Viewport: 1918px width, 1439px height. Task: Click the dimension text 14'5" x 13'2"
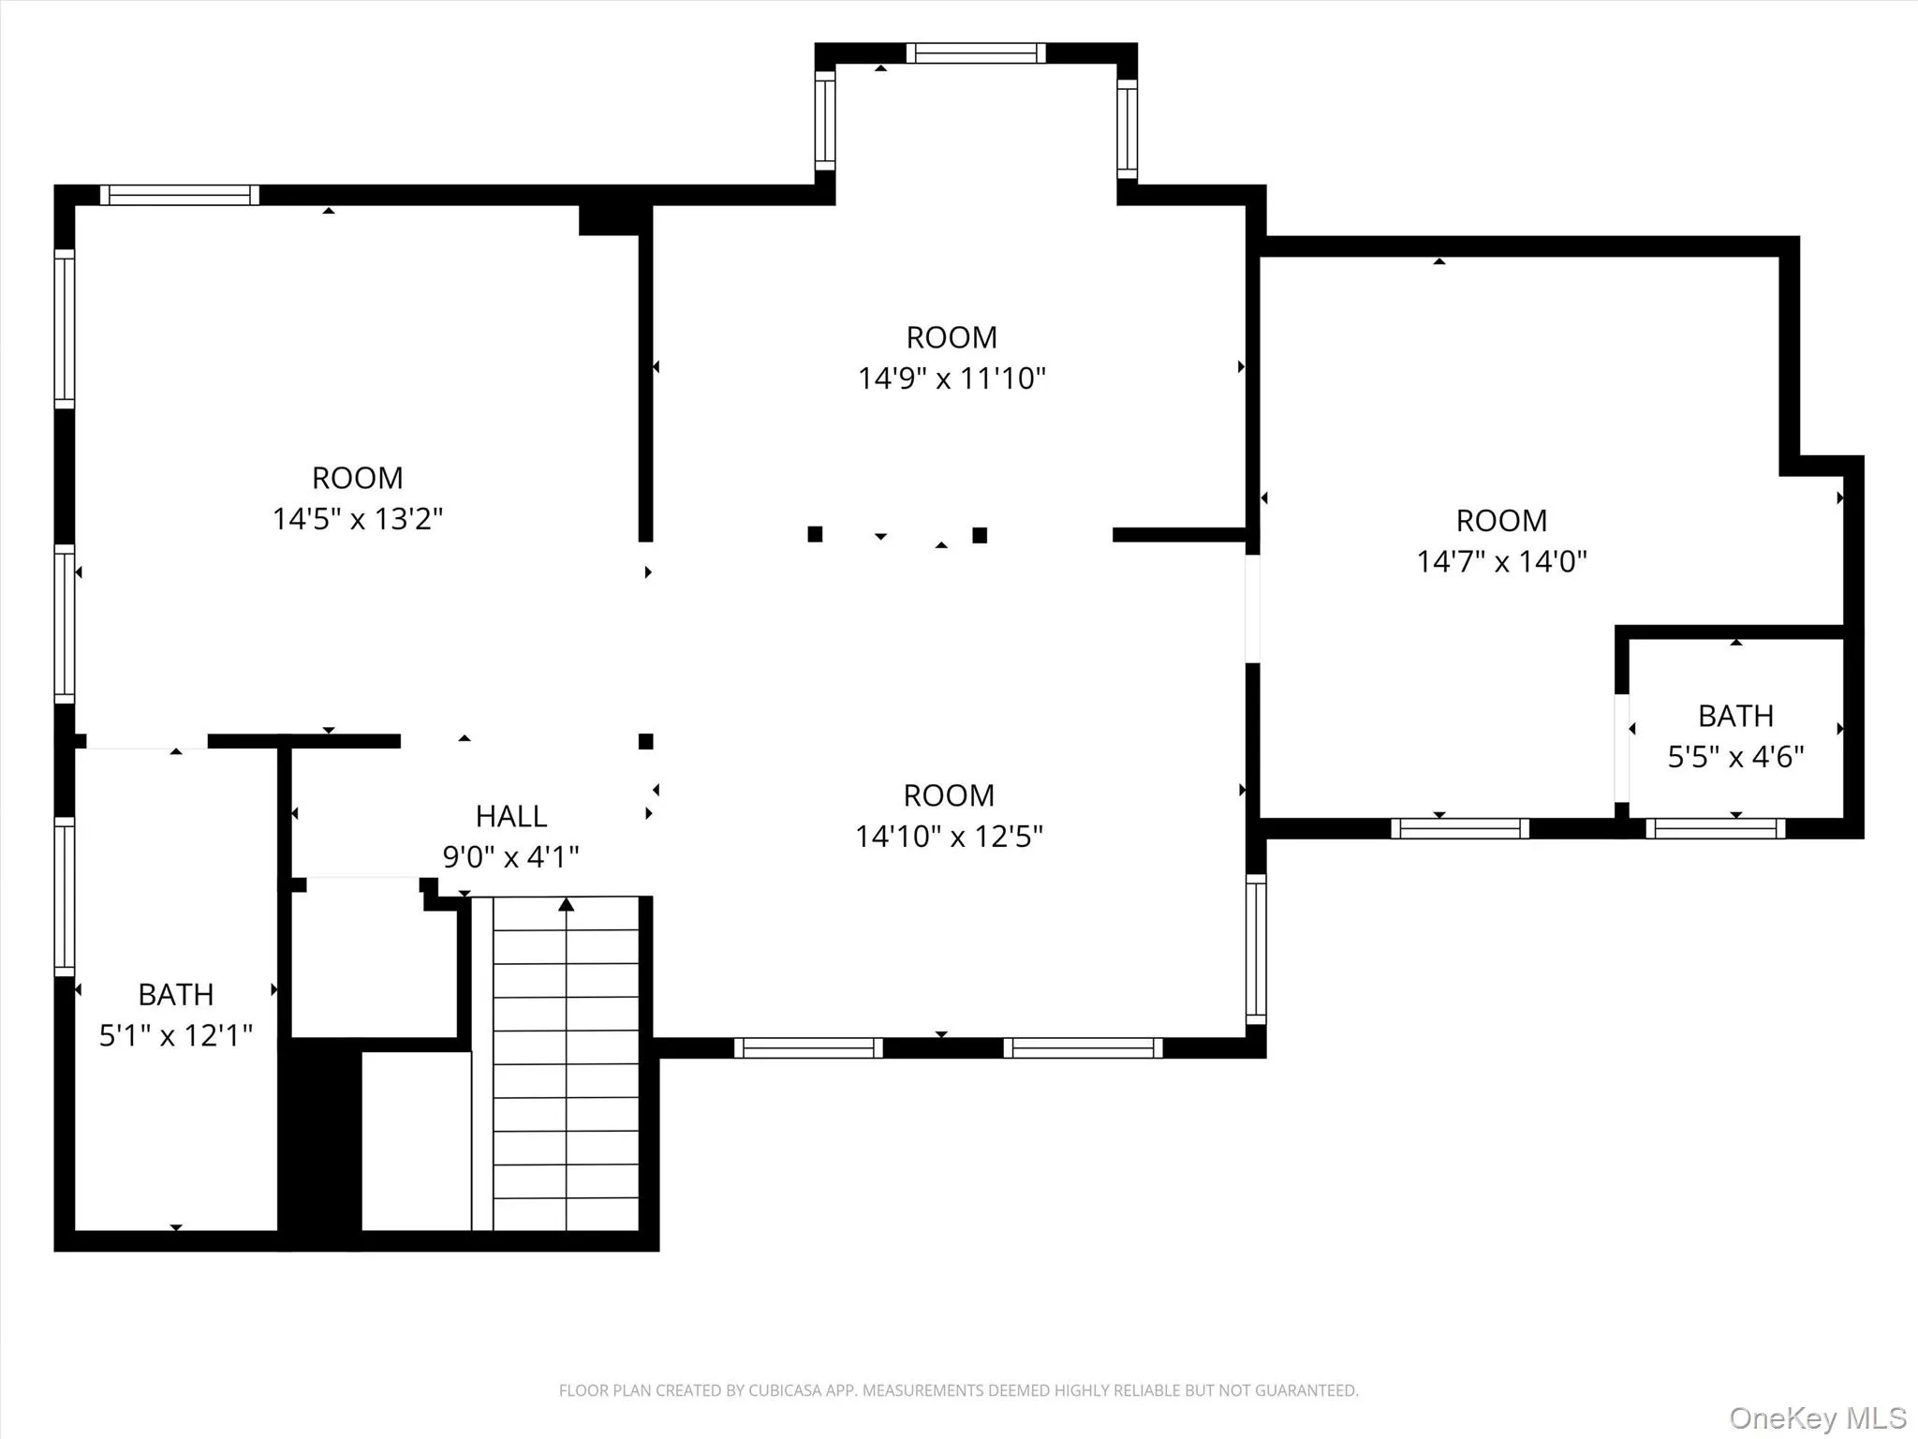pos(357,519)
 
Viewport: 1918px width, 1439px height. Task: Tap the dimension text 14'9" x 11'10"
pos(952,378)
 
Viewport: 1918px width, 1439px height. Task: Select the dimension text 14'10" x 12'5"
pos(949,836)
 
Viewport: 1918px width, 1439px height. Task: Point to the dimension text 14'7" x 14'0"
pos(1501,561)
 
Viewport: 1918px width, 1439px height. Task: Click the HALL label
pos(510,816)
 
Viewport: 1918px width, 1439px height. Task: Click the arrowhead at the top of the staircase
pos(566,905)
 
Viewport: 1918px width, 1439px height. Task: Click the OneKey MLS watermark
pos(1818,1417)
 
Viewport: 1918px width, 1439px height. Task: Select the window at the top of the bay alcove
pos(975,53)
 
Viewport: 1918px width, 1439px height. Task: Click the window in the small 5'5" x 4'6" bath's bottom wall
pos(1715,828)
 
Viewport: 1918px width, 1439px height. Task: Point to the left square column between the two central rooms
pos(815,534)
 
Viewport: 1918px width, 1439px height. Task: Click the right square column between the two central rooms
pos(980,535)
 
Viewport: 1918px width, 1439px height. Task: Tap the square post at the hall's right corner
pos(645,741)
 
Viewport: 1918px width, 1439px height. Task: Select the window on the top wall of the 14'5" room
pos(180,195)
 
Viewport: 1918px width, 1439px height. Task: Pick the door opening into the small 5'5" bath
pos(1621,747)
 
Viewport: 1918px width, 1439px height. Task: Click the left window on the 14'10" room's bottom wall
pos(808,1047)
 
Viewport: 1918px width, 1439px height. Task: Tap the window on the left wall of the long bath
pos(64,896)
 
